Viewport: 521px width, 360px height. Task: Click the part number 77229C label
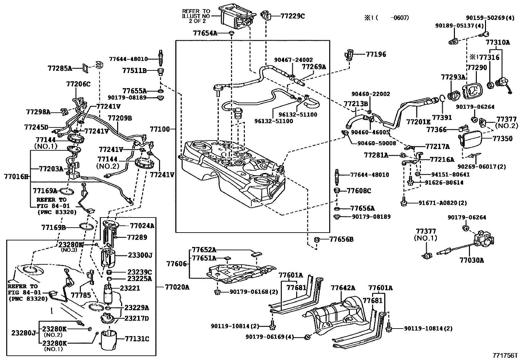click(292, 16)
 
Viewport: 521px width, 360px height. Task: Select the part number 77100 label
click(160, 129)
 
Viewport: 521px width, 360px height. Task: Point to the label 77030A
click(471, 260)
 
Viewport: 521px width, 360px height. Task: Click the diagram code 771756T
click(505, 355)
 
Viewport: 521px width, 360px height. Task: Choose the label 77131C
click(137, 339)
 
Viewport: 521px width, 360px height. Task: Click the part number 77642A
click(343, 288)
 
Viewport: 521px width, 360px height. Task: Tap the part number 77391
click(442, 117)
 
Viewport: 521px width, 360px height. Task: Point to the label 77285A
click(60, 68)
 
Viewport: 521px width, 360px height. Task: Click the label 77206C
click(78, 84)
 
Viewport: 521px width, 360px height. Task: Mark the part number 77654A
click(205, 33)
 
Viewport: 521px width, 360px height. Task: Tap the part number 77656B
click(341, 239)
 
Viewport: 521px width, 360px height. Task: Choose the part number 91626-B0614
click(444, 182)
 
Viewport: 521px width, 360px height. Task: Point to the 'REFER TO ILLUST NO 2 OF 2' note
click(196, 15)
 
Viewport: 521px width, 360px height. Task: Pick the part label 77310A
click(497, 42)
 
